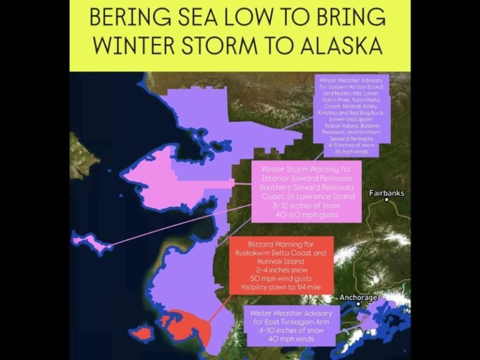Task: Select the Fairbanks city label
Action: pyautogui.click(x=386, y=193)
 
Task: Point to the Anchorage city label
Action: pyautogui.click(x=358, y=297)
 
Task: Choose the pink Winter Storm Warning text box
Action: pyautogui.click(x=307, y=191)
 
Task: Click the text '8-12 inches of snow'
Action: pyautogui.click(x=307, y=206)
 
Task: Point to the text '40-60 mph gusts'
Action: pyautogui.click(x=307, y=215)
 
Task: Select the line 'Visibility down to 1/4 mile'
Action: pyautogui.click(x=281, y=287)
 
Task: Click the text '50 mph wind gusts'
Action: pyautogui.click(x=281, y=278)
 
